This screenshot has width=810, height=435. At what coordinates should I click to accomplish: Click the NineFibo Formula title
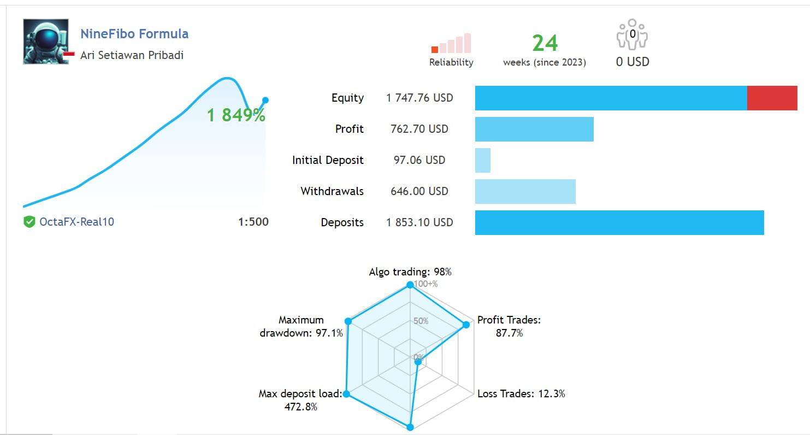click(x=134, y=34)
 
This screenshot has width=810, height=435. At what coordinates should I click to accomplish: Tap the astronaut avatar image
click(x=46, y=42)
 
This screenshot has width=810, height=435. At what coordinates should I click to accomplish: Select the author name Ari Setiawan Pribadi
click(x=132, y=55)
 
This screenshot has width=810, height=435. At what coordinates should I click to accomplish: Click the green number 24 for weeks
click(x=545, y=43)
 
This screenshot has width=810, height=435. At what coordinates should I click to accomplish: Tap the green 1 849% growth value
click(x=236, y=115)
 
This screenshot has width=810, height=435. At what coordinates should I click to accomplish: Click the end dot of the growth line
click(x=265, y=100)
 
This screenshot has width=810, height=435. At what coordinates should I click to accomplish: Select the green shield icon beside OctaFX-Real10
click(x=29, y=222)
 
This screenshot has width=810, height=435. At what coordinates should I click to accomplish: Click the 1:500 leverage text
click(x=253, y=222)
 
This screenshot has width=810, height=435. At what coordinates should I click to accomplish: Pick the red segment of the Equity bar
click(x=772, y=98)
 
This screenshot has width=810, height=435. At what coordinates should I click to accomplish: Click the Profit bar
click(x=534, y=130)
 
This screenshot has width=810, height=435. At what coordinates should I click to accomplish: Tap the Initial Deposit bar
click(x=483, y=161)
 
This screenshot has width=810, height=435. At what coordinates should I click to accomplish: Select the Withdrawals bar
click(x=525, y=192)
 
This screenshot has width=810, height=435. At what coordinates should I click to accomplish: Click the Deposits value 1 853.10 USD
click(x=419, y=222)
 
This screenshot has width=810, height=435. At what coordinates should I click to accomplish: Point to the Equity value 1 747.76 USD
click(x=419, y=98)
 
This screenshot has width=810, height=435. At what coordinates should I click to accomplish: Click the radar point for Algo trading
click(x=410, y=285)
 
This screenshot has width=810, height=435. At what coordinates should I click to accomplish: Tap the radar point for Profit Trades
click(x=466, y=325)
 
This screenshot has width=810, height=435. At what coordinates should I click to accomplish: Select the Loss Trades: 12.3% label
click(x=521, y=393)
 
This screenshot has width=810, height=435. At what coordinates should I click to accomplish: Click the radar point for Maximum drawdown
click(x=347, y=321)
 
